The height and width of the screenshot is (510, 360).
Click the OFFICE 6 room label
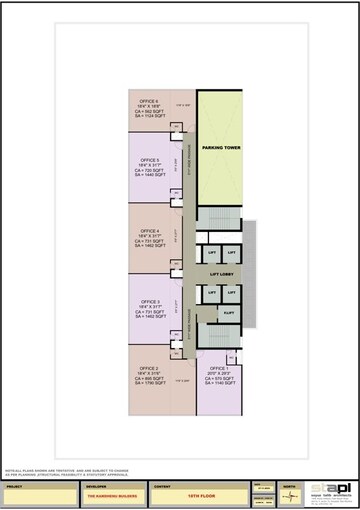149,101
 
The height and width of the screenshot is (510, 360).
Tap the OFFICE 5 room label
149,159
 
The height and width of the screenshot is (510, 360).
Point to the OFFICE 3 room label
149,300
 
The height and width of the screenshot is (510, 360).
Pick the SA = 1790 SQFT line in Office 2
151,384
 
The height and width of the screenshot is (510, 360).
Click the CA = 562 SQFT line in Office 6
149,111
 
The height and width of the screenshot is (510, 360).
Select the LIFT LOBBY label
220,272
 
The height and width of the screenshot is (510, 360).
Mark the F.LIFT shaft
229,313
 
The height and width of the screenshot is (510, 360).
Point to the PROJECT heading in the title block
13,487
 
